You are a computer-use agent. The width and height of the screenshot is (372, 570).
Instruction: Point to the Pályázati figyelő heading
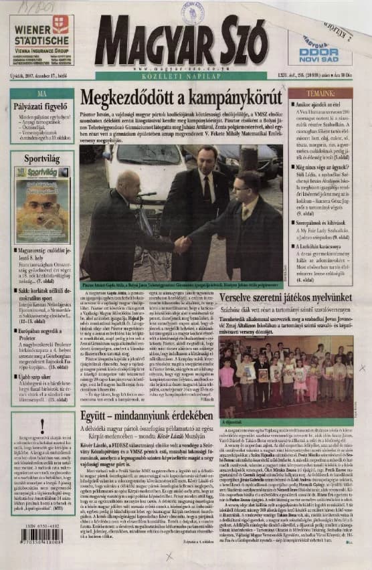pyautogui.click(x=41, y=106)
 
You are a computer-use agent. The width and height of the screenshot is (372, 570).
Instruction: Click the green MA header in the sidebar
pyautogui.click(x=41, y=94)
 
